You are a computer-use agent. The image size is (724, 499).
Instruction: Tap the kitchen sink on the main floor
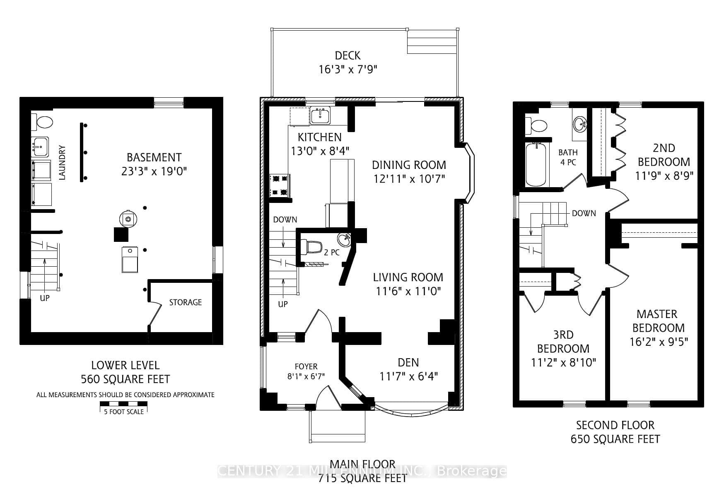coord(320,116)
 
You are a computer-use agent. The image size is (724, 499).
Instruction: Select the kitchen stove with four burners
coord(280,185)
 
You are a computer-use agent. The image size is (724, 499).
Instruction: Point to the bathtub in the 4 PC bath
coord(536,164)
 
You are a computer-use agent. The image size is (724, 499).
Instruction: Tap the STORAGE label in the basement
coord(185,302)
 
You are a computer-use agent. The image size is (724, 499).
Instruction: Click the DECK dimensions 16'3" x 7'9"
coord(348,69)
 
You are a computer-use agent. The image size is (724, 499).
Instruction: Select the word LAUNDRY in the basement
coord(62,162)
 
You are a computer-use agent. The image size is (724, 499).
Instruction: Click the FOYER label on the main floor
coord(306,366)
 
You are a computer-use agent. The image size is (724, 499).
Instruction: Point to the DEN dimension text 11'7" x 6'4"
coord(408,376)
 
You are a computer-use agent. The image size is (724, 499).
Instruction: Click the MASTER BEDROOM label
coord(658,321)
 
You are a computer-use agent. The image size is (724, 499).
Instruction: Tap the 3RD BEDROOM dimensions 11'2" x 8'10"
coord(563,362)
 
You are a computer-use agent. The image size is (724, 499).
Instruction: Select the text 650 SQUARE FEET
coord(615,439)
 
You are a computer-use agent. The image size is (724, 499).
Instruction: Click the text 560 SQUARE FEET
coord(125,379)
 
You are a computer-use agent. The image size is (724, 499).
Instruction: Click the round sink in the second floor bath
coord(580,123)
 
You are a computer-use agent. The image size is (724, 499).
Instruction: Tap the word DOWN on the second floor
coord(584,213)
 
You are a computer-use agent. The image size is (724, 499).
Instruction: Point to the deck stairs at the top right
coord(432,41)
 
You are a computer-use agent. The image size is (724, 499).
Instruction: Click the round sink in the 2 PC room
coord(344,239)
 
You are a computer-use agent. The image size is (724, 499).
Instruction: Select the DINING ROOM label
coord(409,165)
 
